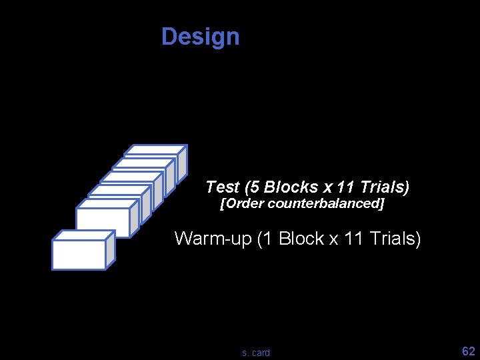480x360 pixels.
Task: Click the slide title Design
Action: click(200, 36)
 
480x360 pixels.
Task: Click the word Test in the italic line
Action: click(222, 187)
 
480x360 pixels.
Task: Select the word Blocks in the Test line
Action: click(291, 187)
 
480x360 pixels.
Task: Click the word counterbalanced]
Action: click(326, 203)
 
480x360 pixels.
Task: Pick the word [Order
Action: click(242, 203)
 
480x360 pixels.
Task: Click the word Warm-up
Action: click(212, 238)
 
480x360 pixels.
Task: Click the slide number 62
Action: click(469, 351)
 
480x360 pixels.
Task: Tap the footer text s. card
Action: click(256, 353)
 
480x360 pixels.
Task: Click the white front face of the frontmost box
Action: click(79, 255)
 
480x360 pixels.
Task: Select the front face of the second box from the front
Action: click(102, 222)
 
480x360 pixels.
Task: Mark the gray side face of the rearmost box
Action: click(182, 162)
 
